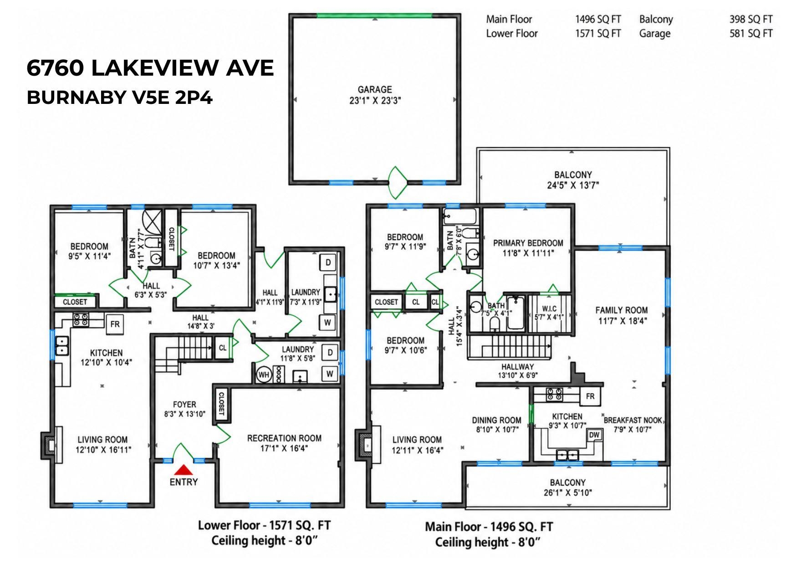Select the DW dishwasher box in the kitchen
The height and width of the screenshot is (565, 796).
coord(594,435)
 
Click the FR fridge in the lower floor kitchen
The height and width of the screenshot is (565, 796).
coord(115,324)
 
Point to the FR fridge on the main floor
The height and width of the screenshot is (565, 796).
coord(590,396)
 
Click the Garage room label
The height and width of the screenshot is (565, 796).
coord(375,90)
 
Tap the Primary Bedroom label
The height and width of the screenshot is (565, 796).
coord(528,243)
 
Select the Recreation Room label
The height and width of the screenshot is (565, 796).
coord(284,438)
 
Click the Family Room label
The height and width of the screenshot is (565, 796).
coord(622,310)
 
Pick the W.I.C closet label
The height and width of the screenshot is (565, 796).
coord(549,308)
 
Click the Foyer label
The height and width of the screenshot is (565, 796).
coord(184,404)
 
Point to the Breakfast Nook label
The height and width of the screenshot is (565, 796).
coord(633,420)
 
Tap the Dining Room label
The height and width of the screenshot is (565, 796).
coord(496,420)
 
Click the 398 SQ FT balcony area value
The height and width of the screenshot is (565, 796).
coord(751,19)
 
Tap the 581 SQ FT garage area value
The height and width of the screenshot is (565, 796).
coord(751,33)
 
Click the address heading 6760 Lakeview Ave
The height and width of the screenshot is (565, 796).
coord(150,68)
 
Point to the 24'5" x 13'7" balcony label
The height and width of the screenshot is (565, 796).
coord(573,185)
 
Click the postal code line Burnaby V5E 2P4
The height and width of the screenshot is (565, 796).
coord(120,98)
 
